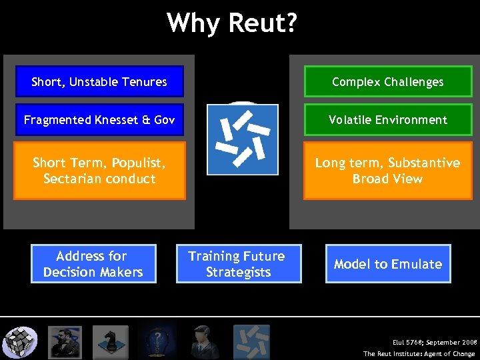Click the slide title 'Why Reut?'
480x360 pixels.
tap(232, 23)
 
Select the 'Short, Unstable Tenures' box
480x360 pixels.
tap(99, 82)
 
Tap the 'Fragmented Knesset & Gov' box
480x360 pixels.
tap(99, 120)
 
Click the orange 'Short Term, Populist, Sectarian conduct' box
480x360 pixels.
tap(99, 171)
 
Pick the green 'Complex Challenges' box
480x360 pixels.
tap(387, 82)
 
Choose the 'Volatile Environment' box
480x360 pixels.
tap(387, 120)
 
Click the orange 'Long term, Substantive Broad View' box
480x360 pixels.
tap(387, 171)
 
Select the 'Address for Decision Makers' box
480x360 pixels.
tap(93, 264)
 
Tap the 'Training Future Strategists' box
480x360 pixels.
tap(238, 264)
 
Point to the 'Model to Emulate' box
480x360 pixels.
tap(387, 264)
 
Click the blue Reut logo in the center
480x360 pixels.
tap(242, 139)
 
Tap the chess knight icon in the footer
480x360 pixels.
tap(110, 342)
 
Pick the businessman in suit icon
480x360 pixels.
tap(201, 342)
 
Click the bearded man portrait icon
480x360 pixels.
tap(66, 342)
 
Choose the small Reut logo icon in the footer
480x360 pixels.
tap(251, 342)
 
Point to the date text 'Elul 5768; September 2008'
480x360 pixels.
tap(434, 342)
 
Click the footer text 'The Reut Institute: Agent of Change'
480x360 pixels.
tap(419, 354)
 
